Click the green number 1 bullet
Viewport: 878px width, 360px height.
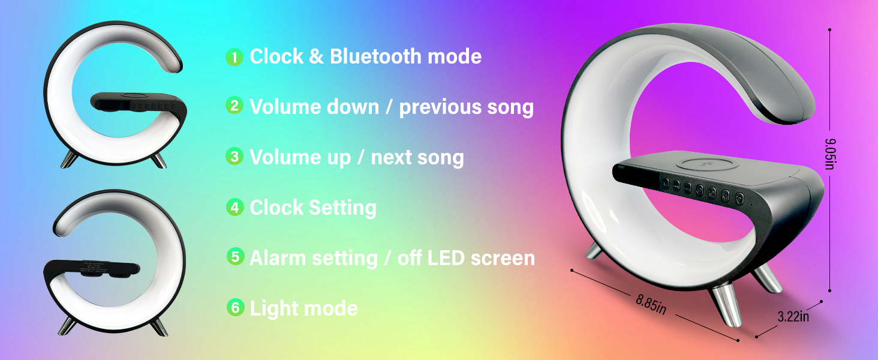pyautogui.click(x=234, y=57)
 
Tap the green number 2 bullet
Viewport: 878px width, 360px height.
pyautogui.click(x=234, y=106)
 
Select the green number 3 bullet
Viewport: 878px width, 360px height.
pyautogui.click(x=234, y=157)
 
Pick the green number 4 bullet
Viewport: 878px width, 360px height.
pyautogui.click(x=234, y=208)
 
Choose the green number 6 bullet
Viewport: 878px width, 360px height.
pyautogui.click(x=236, y=308)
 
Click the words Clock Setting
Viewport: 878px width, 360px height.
pyautogui.click(x=313, y=208)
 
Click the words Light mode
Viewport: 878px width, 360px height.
pyautogui.click(x=304, y=308)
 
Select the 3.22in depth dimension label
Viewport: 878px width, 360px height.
pyautogui.click(x=793, y=316)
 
